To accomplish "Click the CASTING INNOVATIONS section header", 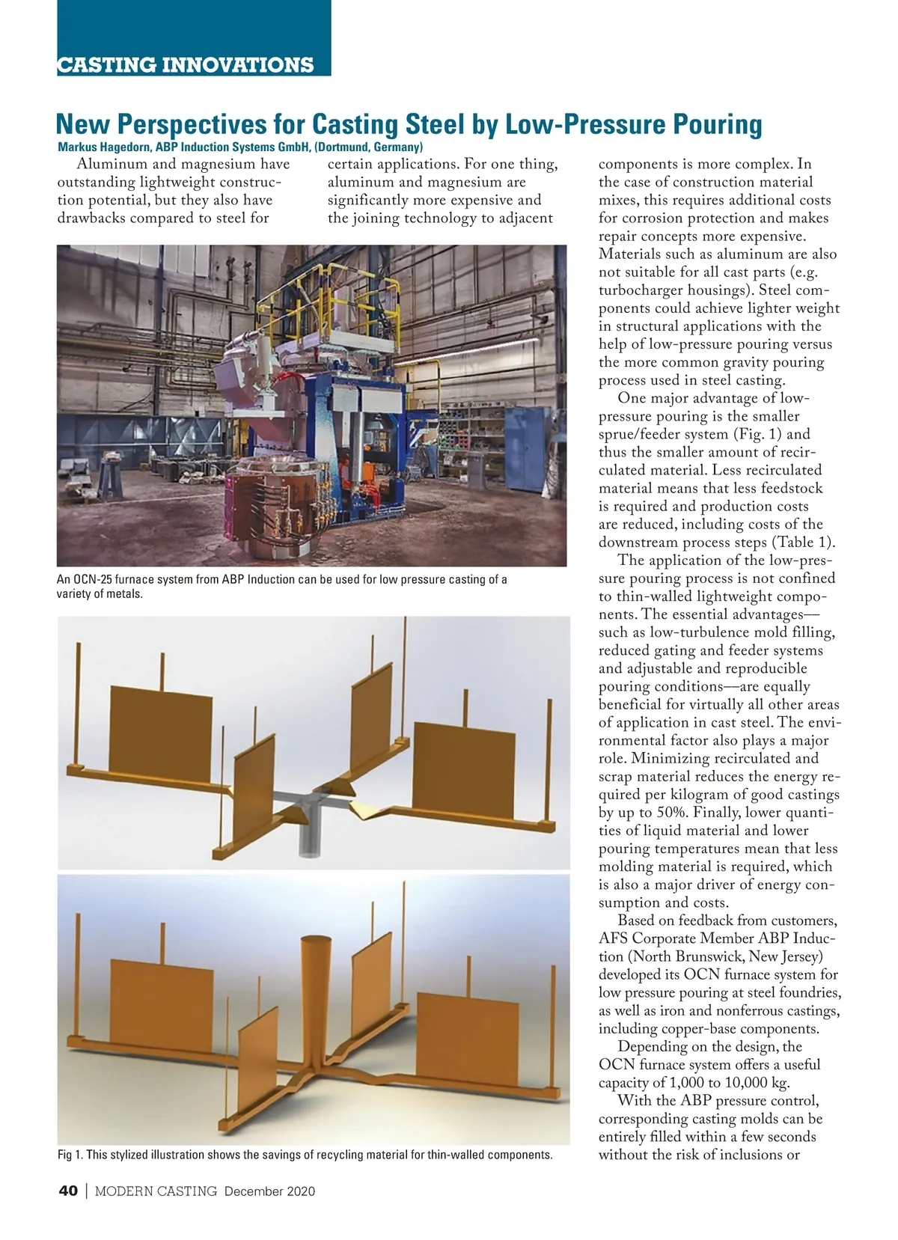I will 186,64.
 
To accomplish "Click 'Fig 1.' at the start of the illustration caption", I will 70,1155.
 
